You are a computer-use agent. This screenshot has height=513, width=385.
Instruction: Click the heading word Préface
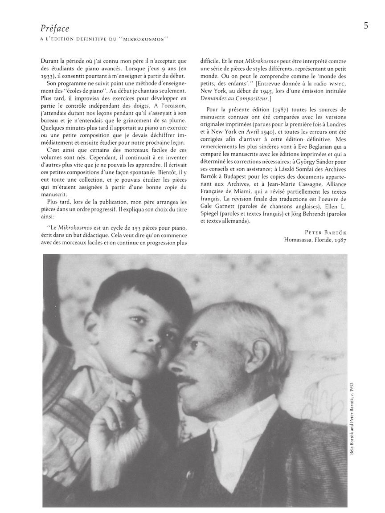[x=55, y=28]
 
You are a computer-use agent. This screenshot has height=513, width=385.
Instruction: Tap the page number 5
[x=365, y=26]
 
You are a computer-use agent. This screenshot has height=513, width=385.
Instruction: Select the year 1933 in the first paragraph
[x=49, y=76]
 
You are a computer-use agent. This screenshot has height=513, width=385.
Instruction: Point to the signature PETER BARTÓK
[x=326, y=232]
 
